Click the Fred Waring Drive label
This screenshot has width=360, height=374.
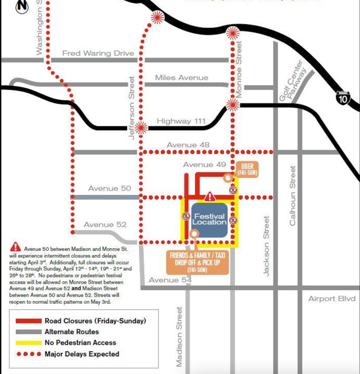98,53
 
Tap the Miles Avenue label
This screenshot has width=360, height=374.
181,77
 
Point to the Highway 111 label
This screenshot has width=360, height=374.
181,121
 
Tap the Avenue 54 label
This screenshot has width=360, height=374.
170,280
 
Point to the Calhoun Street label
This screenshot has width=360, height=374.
293,196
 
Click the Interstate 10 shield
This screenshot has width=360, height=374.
343,98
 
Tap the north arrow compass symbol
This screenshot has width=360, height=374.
22,6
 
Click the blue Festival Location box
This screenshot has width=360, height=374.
209,220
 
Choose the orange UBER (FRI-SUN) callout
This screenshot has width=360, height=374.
247,169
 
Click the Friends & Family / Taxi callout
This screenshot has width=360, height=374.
194,262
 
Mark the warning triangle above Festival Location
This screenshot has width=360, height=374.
210,196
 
